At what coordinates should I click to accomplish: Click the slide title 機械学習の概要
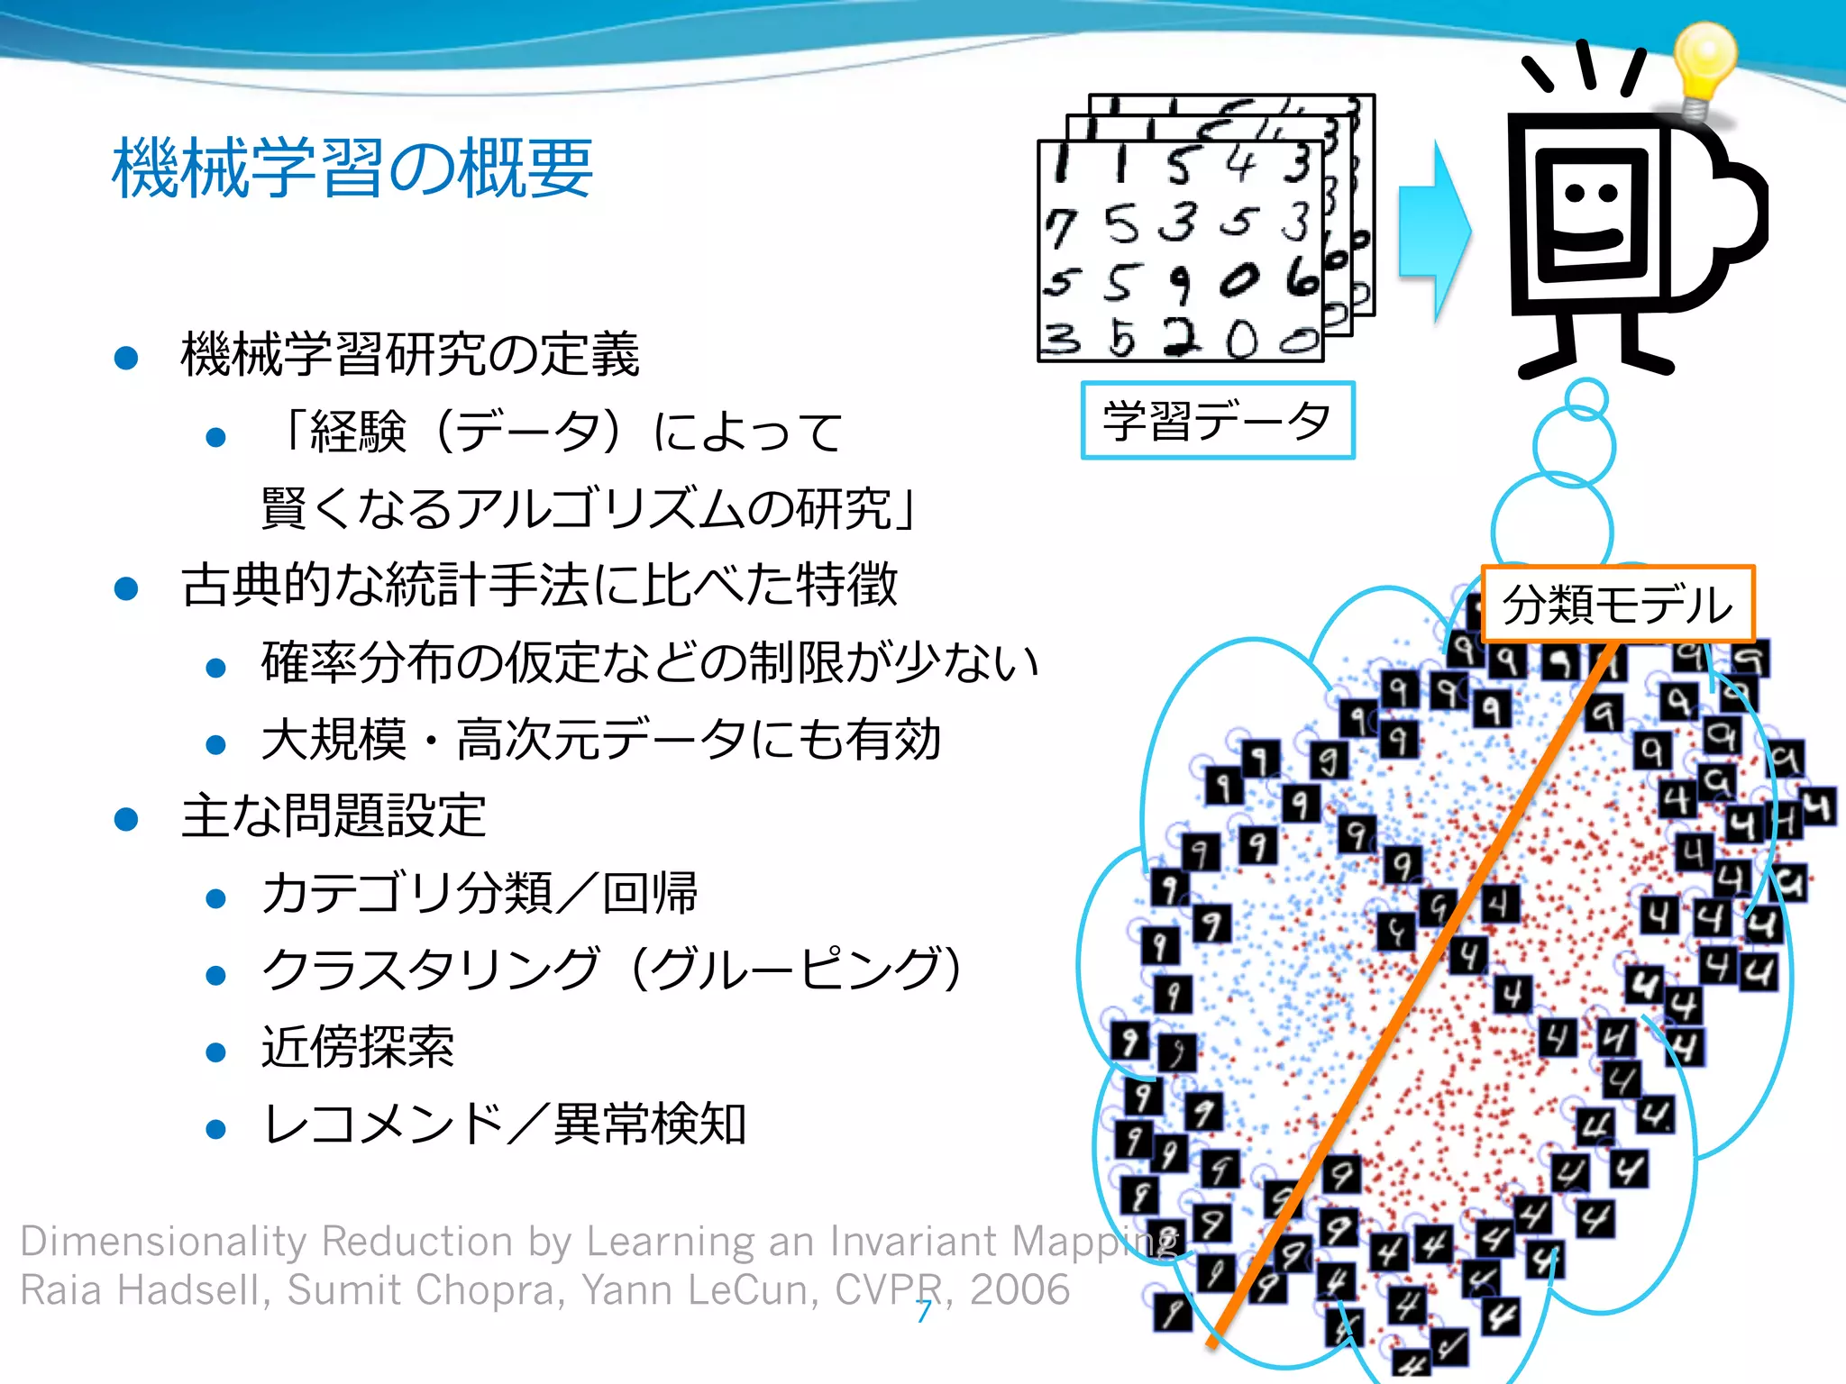[x=352, y=168]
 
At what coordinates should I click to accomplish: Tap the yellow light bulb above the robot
[x=1703, y=63]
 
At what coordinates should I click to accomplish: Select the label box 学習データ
[x=1218, y=421]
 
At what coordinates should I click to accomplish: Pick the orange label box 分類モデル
[x=1618, y=604]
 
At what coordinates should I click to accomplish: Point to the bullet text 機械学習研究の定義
[x=410, y=354]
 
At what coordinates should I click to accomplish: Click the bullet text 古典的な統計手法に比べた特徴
[x=539, y=585]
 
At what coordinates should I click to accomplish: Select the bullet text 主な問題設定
[x=334, y=815]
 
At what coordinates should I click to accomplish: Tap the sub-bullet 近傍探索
[x=358, y=1047]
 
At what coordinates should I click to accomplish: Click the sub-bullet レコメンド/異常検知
[x=504, y=1124]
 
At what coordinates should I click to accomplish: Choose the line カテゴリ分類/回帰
[x=480, y=893]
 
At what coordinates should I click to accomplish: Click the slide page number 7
[x=924, y=1312]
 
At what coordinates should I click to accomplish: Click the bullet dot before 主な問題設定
[x=126, y=819]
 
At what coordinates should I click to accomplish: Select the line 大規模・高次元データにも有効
[x=601, y=740]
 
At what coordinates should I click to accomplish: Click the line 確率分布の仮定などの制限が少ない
[x=650, y=662]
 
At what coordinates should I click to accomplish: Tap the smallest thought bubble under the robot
[x=1586, y=398]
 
